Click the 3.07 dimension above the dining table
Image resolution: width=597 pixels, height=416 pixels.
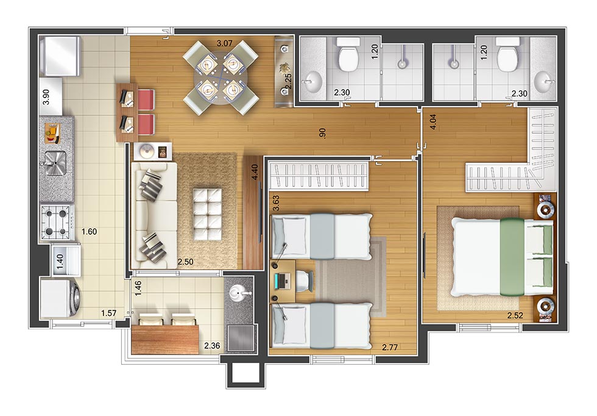[226, 43]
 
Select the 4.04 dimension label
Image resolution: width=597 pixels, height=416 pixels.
[433, 124]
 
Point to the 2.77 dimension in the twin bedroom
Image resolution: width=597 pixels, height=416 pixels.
[390, 347]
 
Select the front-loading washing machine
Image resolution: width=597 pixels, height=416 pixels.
[60, 298]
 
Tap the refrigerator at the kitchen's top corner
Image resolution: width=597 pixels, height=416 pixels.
[59, 54]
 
